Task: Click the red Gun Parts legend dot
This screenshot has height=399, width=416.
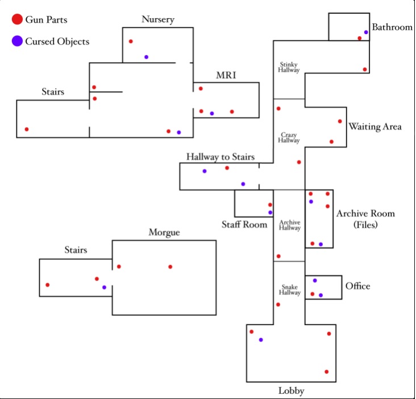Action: pos(16,20)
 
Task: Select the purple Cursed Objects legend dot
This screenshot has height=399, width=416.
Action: pos(16,41)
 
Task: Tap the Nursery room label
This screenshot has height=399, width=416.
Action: pos(157,20)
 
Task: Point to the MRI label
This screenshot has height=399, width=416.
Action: pos(226,75)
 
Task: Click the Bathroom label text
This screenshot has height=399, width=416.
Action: pos(392,27)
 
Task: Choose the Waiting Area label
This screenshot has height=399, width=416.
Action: pos(375,127)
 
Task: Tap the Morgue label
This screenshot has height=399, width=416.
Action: pos(164,232)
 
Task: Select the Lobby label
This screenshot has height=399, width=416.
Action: pos(291,390)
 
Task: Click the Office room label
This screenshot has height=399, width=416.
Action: pos(357,286)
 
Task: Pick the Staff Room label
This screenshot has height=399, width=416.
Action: pos(244,224)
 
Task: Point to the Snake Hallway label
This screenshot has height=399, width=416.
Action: pos(289,289)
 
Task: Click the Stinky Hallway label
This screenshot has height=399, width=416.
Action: pos(289,67)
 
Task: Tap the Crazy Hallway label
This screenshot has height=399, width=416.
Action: pos(289,137)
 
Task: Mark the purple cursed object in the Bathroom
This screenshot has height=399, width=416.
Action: pos(366,32)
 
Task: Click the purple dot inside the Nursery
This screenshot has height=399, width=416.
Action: pos(146,57)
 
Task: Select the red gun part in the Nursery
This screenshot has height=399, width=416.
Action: pos(131,41)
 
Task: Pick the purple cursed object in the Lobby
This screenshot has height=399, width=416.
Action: pos(261,340)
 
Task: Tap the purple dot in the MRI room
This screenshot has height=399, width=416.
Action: pos(212,114)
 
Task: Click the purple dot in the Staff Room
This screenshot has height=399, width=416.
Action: pos(270,212)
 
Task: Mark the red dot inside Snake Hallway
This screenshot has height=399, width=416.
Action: pos(278,305)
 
